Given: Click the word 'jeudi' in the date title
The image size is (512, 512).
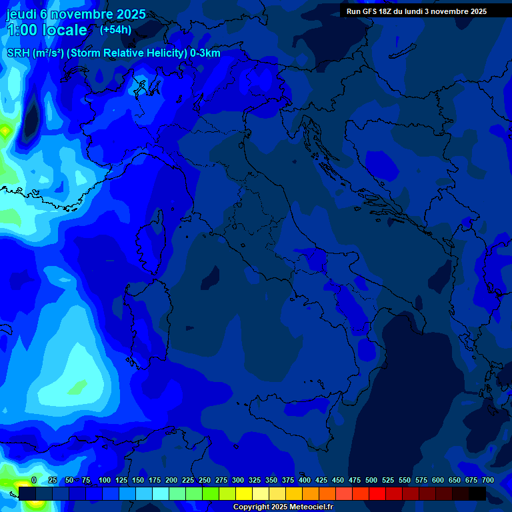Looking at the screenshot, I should tap(21, 14).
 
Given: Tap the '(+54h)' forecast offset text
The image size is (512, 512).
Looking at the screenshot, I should tap(115, 29).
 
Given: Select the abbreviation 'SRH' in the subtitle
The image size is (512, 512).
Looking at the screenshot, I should tap(18, 53).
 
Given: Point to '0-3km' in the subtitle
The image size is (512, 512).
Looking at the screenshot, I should tap(205, 53).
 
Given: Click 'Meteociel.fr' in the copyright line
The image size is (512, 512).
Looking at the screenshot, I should tap(307, 507).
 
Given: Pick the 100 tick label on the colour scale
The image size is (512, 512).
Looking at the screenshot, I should tap(105, 480).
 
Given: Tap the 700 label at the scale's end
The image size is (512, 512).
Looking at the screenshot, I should tap(487, 480).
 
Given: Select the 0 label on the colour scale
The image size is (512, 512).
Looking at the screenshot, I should tap(34, 480).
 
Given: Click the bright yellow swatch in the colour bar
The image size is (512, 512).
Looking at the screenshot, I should tap(244, 493).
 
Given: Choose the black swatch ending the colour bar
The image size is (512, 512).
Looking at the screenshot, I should tap(477, 493).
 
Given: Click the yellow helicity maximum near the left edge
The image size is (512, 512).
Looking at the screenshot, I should tap(5, 131).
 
